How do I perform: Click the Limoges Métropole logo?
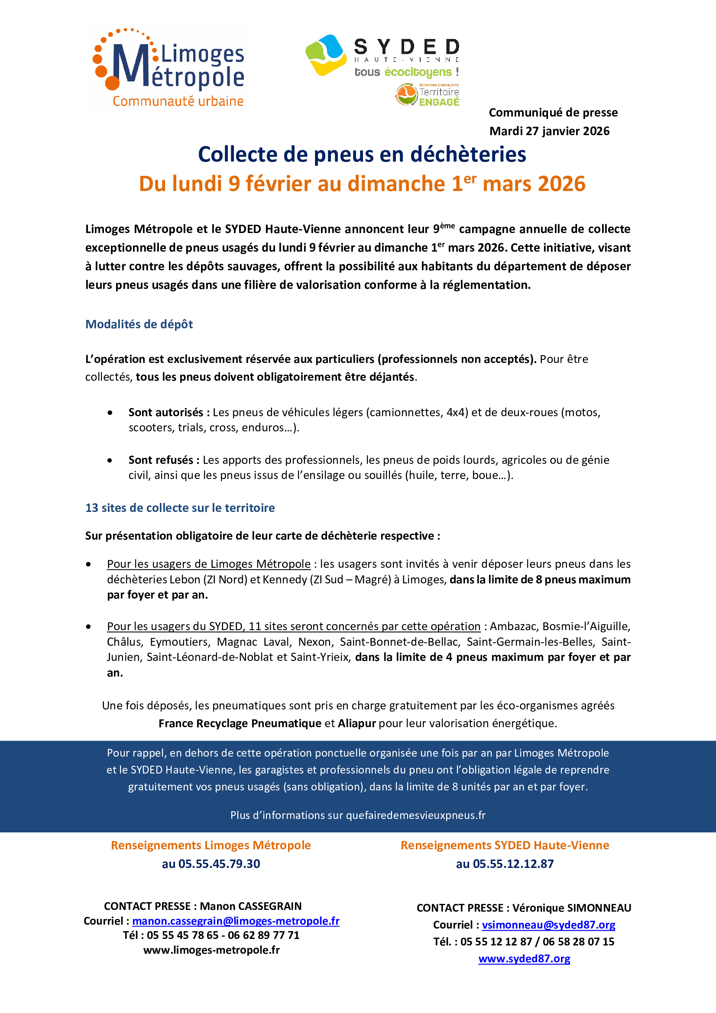169,68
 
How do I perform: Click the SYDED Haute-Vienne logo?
382,56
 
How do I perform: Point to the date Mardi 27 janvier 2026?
549,131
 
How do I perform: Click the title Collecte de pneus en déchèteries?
362,155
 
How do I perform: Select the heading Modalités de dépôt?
139,324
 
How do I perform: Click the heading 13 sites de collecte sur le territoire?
180,508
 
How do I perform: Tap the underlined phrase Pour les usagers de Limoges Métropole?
209,564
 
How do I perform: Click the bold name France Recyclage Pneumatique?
240,724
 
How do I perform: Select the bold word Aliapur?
357,724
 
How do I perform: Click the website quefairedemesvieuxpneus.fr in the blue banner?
415,816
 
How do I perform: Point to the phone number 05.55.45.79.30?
219,864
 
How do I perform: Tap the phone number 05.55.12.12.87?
513,864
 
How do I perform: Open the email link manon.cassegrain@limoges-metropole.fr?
236,921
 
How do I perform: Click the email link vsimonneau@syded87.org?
548,925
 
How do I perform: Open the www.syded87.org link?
524,959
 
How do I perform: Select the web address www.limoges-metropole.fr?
211,950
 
